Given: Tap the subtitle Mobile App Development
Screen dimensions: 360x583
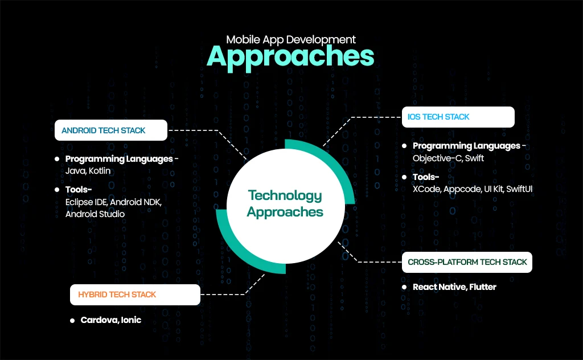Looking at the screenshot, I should point(291,39).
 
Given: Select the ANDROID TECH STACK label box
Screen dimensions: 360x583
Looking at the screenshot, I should point(110,130).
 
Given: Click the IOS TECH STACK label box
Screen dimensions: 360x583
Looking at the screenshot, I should point(458,117).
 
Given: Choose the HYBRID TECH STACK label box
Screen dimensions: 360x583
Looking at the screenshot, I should point(135,294).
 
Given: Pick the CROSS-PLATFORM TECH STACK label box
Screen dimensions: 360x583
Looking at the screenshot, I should point(467,263).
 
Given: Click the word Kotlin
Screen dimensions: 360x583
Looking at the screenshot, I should point(99,171).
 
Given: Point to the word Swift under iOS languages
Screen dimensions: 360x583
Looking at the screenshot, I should point(474,158).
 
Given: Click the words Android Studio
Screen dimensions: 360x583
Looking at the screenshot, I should point(95,214).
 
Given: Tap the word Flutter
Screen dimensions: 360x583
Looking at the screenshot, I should point(483,287).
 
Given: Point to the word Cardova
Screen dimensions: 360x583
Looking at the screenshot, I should point(98,320).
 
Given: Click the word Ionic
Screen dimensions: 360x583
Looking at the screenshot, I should point(131,320).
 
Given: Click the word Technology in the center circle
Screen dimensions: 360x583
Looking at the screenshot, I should point(285,195).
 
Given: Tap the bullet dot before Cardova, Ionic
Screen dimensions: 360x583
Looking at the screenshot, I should point(72,321).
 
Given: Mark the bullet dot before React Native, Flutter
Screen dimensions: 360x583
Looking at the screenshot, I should point(404,287).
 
